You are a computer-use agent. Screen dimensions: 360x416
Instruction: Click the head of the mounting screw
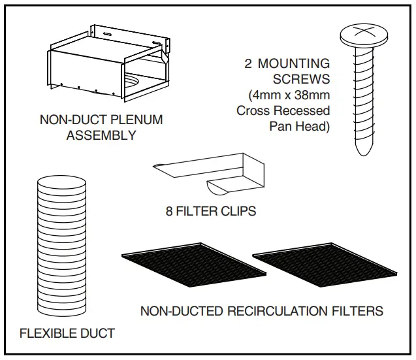(367, 33)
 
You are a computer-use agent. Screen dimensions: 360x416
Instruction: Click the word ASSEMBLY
(101, 136)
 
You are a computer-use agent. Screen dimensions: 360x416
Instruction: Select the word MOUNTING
(293, 64)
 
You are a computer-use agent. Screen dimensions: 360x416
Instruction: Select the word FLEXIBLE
(48, 334)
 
